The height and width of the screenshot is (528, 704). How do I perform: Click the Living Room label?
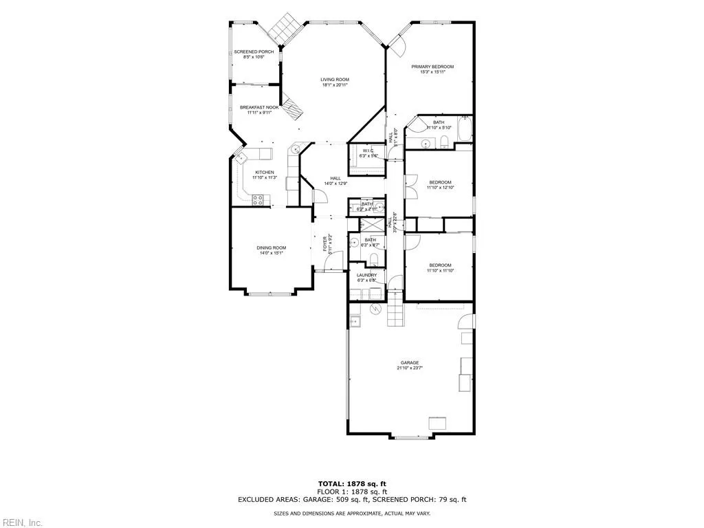(x=335, y=80)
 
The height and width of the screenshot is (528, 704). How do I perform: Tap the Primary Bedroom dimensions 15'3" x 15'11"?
(x=432, y=72)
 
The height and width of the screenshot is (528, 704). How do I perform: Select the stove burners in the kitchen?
(x=259, y=200)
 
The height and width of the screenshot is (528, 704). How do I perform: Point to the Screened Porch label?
(x=254, y=52)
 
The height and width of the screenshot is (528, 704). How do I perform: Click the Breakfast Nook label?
(x=259, y=107)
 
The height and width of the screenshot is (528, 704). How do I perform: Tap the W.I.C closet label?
(x=368, y=151)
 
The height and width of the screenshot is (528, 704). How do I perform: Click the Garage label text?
(x=410, y=362)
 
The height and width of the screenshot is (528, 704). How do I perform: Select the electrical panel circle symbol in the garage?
(x=375, y=309)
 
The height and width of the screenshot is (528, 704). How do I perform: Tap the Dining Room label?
(x=271, y=247)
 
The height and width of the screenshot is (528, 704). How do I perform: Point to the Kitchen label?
(x=265, y=172)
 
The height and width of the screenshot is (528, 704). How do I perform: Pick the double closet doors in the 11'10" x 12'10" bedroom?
(x=411, y=185)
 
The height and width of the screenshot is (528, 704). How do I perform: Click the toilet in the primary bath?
(x=444, y=142)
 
